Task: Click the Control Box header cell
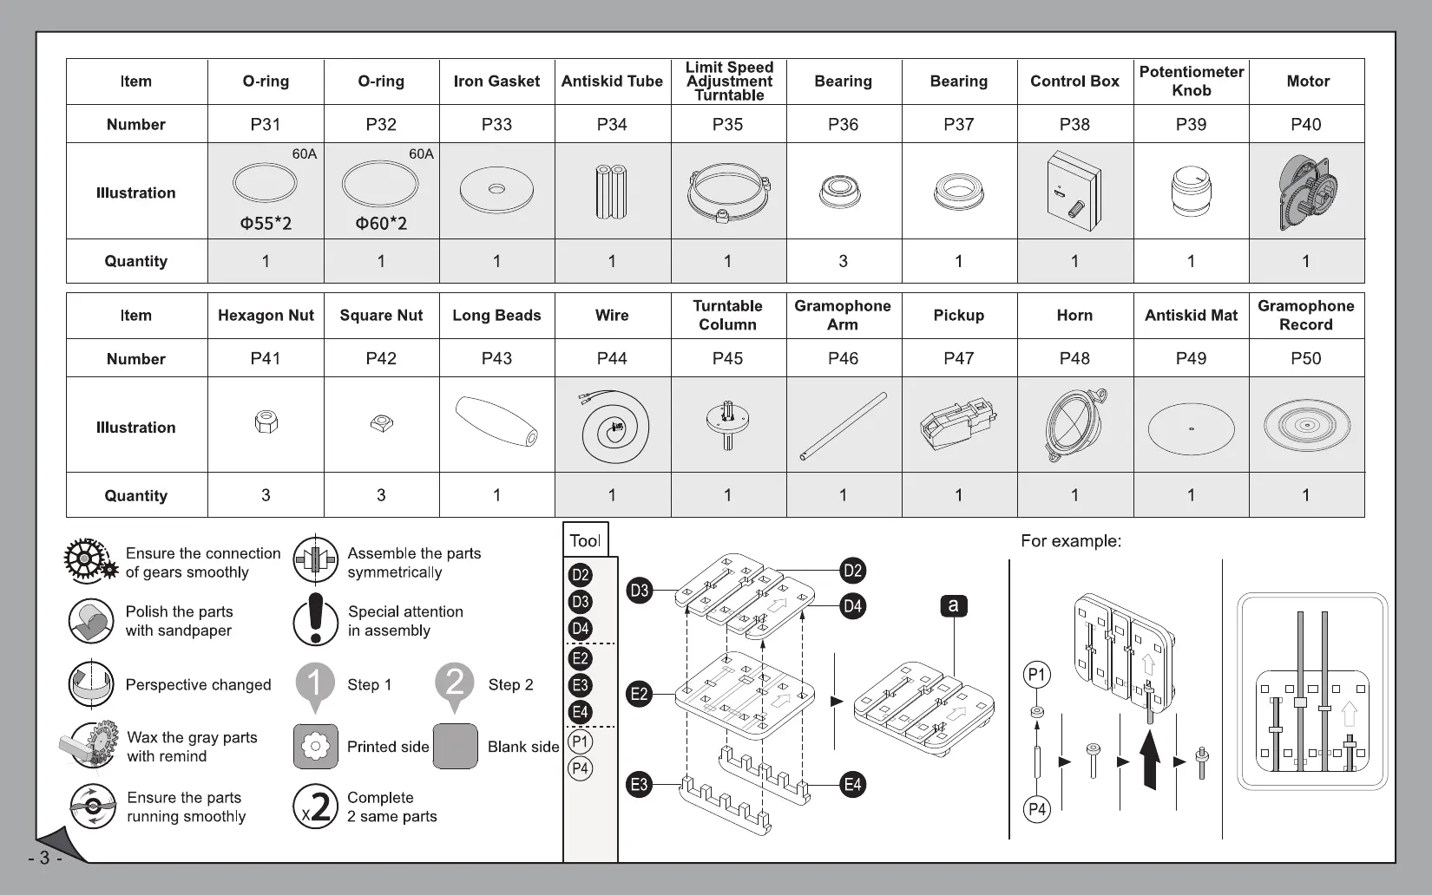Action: (1074, 82)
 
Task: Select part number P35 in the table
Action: (727, 124)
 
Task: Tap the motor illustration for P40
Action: (1307, 192)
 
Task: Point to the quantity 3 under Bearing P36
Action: (843, 261)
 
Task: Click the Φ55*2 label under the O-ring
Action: (266, 224)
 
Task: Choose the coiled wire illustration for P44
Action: (614, 426)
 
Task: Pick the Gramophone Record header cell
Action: (1305, 316)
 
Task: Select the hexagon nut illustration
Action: (266, 422)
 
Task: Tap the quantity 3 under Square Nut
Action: (381, 495)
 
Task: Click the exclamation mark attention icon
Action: (315, 619)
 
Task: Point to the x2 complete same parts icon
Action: (315, 807)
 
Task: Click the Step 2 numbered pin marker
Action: (455, 685)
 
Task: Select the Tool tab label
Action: (585, 541)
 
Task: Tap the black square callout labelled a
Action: (953, 605)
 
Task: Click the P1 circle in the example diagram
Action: (1037, 675)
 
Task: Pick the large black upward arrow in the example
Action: (1150, 758)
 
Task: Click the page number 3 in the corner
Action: (44, 859)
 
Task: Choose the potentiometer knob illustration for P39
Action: (1192, 192)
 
